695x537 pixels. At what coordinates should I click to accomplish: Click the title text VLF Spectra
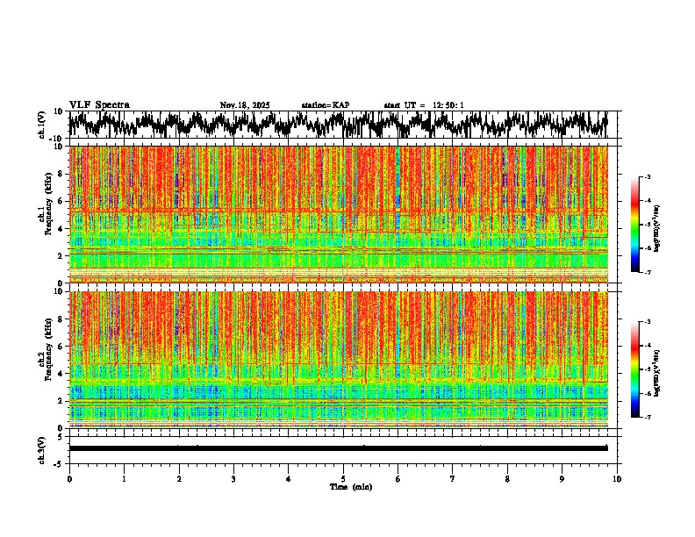tap(99, 105)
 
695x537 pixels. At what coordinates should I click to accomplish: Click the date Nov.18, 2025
tap(245, 105)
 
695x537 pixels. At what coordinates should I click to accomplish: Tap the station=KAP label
tap(325, 105)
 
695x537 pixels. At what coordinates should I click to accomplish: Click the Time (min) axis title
tap(350, 487)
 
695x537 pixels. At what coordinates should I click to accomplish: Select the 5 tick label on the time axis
tap(343, 479)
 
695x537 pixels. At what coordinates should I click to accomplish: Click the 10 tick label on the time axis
tap(617, 479)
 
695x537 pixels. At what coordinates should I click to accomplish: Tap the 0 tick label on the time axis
tap(69, 479)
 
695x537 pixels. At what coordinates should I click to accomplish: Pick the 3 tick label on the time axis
tap(233, 479)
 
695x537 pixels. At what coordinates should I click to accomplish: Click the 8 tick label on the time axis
tap(507, 479)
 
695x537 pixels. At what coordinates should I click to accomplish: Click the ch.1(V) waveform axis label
tap(42, 125)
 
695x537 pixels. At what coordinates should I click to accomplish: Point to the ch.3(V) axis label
tap(42, 448)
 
